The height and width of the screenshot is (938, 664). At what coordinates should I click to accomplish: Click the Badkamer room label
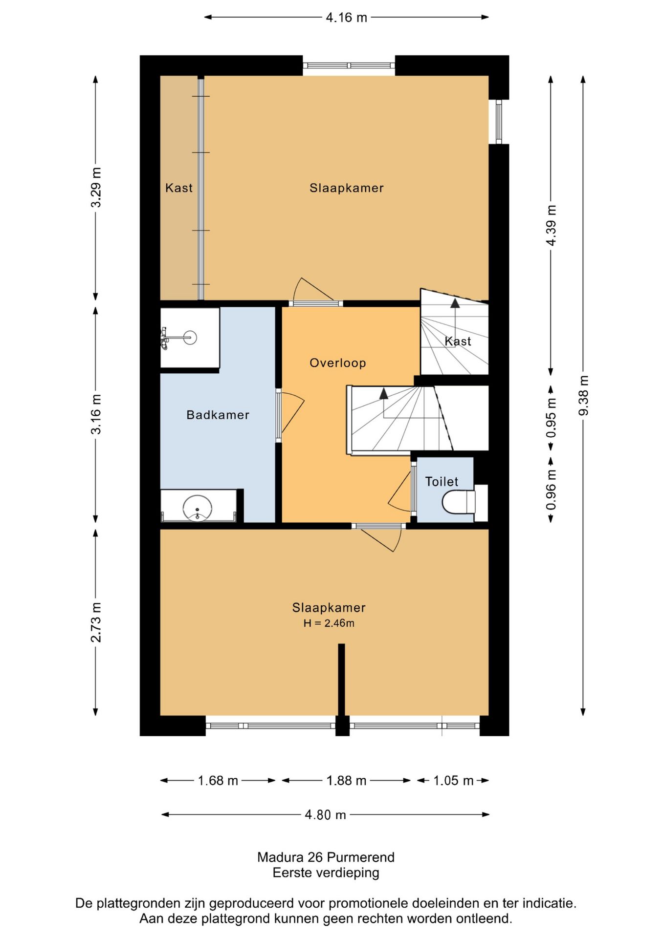coord(218,415)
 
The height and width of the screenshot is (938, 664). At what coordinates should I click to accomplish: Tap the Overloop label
coord(338,363)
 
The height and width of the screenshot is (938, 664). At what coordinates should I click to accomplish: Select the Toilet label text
coord(442,482)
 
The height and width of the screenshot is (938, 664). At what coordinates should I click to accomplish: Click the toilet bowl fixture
coord(459,502)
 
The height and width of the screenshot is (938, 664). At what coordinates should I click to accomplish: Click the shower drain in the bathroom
coord(190,337)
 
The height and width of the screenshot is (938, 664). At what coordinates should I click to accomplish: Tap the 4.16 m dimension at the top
coord(346,18)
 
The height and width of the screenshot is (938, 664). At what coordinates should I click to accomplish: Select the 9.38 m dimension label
coord(583,396)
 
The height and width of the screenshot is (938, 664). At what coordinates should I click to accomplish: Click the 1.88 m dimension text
coord(346,781)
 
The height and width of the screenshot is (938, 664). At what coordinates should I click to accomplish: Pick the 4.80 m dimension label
coord(325,815)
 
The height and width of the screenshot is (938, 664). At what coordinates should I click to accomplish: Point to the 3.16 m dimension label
coord(96,414)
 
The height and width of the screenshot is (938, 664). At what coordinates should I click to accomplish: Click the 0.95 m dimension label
coord(551,418)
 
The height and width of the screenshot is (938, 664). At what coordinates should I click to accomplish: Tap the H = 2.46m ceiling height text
coord(329,623)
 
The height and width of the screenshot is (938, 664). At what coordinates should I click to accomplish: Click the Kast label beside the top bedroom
coord(178,188)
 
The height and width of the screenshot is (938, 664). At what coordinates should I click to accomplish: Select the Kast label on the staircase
coord(458,341)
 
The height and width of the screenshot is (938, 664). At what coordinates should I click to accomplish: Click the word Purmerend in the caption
coord(360,857)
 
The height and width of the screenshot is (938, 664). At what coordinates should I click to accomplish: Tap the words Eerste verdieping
coord(326,873)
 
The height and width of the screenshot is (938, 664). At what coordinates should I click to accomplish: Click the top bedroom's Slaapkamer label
coord(346,188)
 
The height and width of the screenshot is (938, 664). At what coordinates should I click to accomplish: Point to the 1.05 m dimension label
coord(453,781)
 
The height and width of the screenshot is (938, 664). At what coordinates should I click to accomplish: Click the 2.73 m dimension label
coord(96,622)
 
